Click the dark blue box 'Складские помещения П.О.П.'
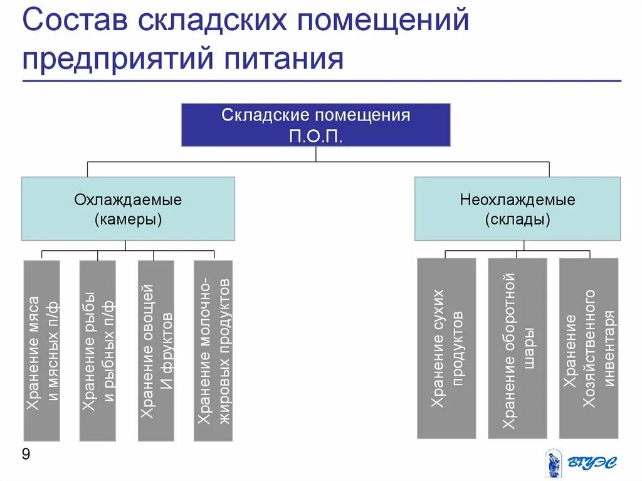315,125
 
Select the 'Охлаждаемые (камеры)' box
128,209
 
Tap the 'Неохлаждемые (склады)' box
517,209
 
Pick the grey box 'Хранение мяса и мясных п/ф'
42,351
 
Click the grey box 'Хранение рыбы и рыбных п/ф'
98,351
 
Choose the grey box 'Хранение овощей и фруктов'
156,351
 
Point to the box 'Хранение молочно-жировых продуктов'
213,351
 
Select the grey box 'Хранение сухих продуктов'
446,348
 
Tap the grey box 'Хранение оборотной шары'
517,348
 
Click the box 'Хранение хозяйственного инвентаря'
589,348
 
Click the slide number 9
26,454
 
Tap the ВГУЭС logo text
592,463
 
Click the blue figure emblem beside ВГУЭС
552,463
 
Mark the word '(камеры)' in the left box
128,219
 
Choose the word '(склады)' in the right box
517,219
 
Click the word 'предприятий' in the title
118,60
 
